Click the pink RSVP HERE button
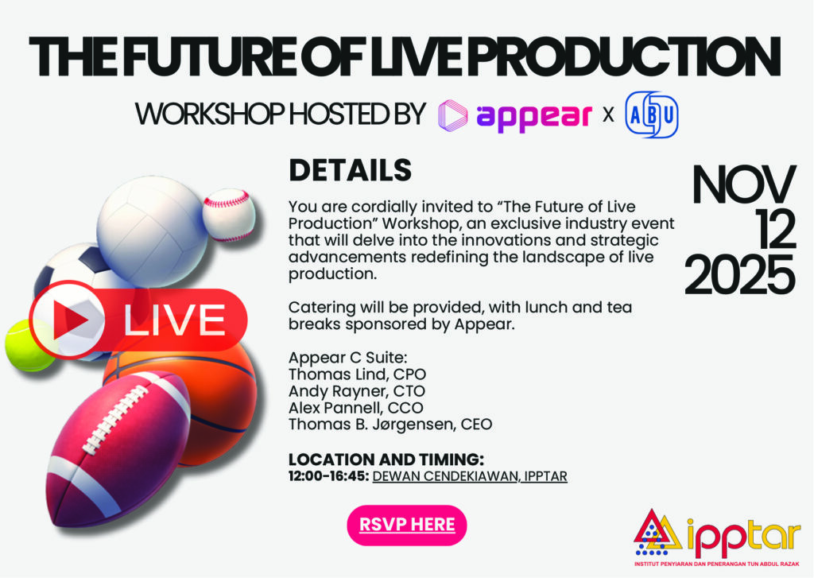point(406,525)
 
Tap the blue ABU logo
point(652,114)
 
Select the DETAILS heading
point(350,170)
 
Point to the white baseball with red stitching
point(229,215)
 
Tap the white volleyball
point(153,231)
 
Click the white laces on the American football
point(115,418)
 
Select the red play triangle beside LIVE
point(70,320)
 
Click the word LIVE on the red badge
point(174,320)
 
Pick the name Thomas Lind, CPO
point(357,374)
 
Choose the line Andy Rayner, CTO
point(357,391)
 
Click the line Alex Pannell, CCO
point(356,408)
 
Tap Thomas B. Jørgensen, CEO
point(390,425)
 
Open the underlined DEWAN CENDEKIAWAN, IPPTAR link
point(470,476)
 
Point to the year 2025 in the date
point(740,275)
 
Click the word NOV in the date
point(744,185)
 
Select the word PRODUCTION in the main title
point(625,56)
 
